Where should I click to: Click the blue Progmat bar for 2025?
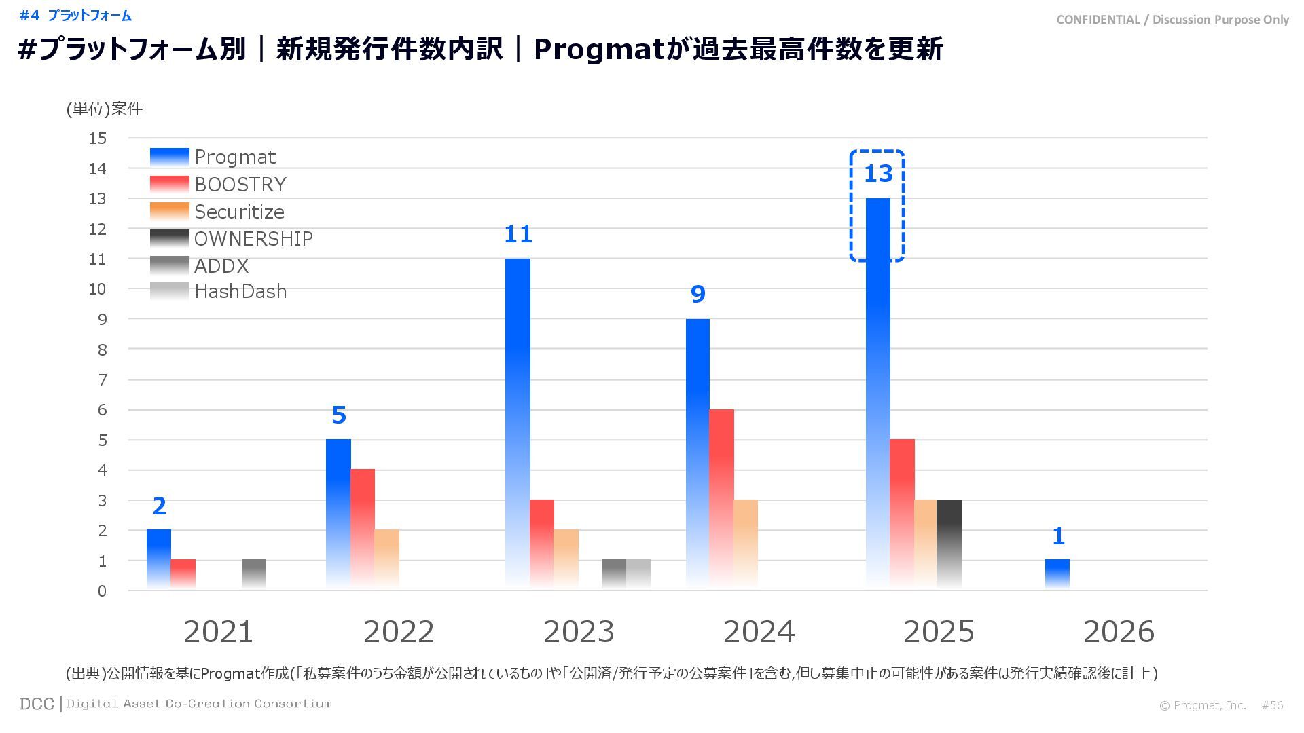pos(877,394)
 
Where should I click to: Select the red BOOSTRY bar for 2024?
pos(721,499)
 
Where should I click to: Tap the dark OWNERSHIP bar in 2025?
pos(949,544)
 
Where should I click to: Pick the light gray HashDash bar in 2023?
pos(638,574)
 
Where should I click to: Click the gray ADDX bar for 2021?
pos(254,574)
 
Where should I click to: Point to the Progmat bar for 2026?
pos(1057,574)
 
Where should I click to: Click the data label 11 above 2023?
pos(518,234)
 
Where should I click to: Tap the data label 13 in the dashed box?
pos(877,174)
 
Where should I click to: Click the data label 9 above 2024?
pos(698,294)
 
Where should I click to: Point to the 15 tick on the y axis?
pos(98,138)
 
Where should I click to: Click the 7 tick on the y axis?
pos(103,379)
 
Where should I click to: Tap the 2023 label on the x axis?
pos(579,632)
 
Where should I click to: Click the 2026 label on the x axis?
pos(1119,632)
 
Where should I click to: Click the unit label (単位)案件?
pos(105,109)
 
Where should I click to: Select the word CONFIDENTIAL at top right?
pos(1098,20)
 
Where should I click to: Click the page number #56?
pos(1272,705)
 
